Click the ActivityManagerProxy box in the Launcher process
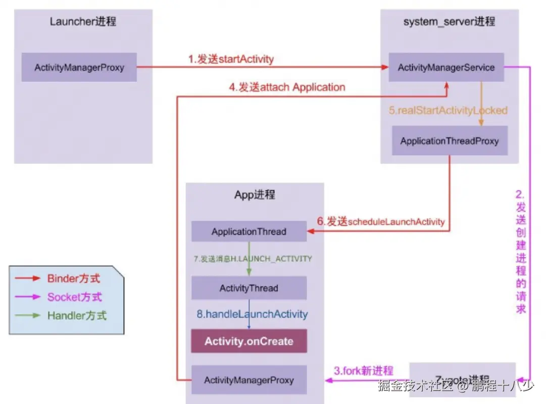(x=79, y=67)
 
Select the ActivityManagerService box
(x=446, y=67)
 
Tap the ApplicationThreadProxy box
(x=450, y=141)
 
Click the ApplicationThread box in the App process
(x=249, y=232)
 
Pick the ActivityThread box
(x=249, y=288)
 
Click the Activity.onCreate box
(x=249, y=341)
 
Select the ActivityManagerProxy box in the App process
(x=249, y=380)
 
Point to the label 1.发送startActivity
(x=231, y=59)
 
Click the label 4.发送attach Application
(x=287, y=87)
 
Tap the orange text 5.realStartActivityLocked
(x=448, y=110)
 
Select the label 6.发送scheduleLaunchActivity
(x=381, y=221)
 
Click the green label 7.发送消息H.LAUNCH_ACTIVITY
(x=253, y=259)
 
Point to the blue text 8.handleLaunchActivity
(x=252, y=314)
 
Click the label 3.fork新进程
(x=363, y=371)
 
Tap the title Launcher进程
(x=83, y=21)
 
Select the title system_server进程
(x=449, y=21)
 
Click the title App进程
(x=255, y=195)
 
